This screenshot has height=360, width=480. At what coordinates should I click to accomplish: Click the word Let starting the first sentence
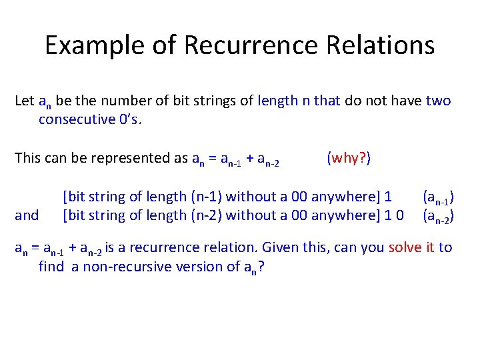pyautogui.click(x=24, y=101)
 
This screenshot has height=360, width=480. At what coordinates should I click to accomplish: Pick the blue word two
pyautogui.click(x=438, y=101)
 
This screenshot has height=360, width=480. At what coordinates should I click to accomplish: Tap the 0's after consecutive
pyautogui.click(x=131, y=120)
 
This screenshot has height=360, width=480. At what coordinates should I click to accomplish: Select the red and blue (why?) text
pyautogui.click(x=349, y=158)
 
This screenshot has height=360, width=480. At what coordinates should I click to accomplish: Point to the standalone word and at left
pyautogui.click(x=27, y=215)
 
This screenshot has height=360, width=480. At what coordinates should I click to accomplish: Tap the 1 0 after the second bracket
pyautogui.click(x=393, y=215)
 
